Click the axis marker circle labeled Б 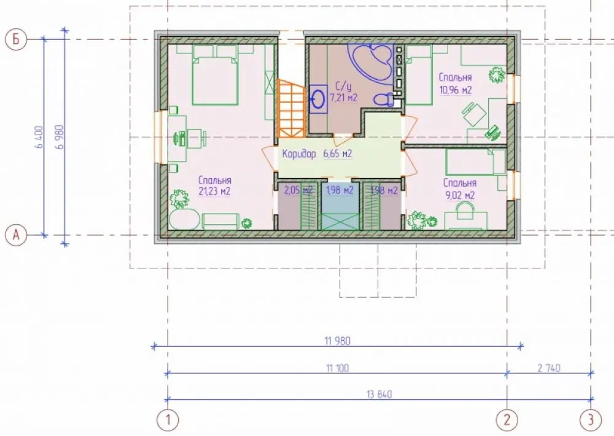point(16,39)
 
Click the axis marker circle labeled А point(16,235)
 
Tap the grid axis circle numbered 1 point(168,420)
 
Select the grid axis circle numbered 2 point(507,420)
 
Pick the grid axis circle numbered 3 point(591,420)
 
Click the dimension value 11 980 point(337,341)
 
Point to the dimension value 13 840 point(379,394)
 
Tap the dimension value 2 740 point(548,368)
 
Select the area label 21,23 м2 point(214,192)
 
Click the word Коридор point(299,154)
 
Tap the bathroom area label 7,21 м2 point(343,97)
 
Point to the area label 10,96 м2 point(456,90)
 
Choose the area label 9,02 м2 point(460,195)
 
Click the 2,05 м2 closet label point(298,190)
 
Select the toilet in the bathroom point(384,99)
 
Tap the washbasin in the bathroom point(318,99)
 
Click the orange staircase point(291,109)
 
